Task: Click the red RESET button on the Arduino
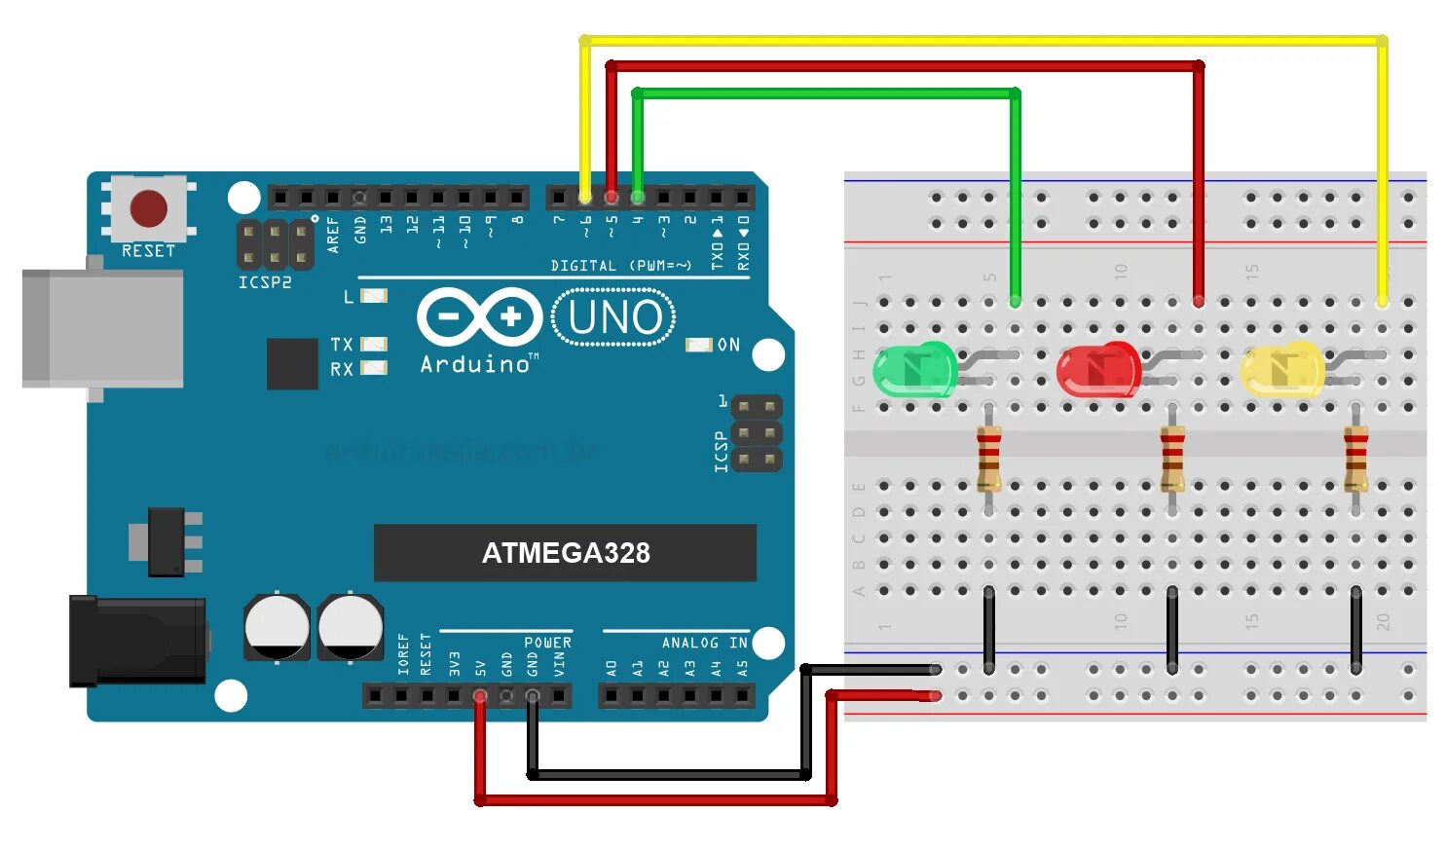pos(149,207)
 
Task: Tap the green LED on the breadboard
pos(912,370)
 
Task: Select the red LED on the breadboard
pos(1097,370)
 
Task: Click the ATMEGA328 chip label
pos(565,553)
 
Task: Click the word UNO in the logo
pos(614,317)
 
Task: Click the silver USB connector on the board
pos(102,328)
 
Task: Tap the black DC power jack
pos(136,641)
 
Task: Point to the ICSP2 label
pos(265,282)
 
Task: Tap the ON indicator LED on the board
pos(699,345)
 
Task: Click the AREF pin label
pos(334,235)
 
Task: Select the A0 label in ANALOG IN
pos(612,668)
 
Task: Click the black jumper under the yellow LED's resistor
pos(1355,628)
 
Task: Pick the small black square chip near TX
pos(292,363)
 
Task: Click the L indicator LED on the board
pos(374,296)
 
